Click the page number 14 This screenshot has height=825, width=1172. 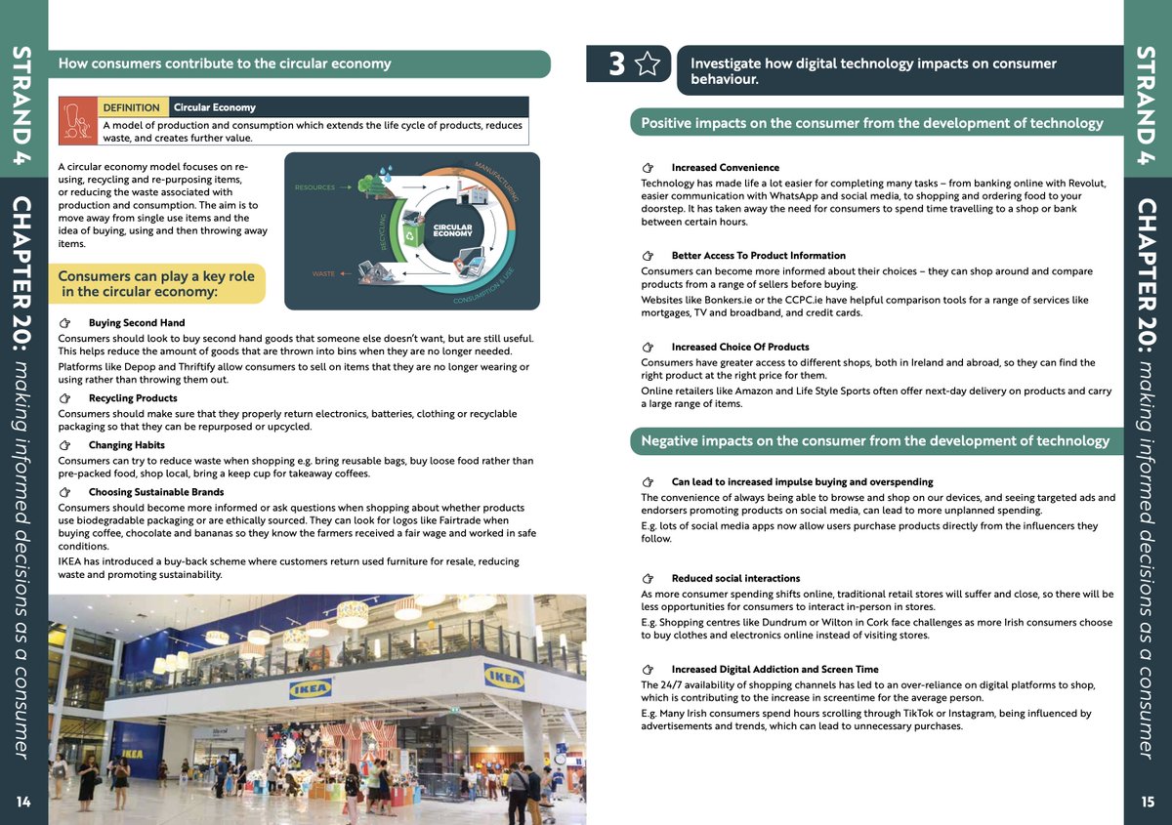tap(23, 802)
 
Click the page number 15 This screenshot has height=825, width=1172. tap(1148, 802)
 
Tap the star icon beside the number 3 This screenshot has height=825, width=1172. tap(647, 64)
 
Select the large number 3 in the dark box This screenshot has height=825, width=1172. tap(616, 64)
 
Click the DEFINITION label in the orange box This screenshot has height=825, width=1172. tap(131, 107)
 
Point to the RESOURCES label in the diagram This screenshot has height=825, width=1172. tap(314, 186)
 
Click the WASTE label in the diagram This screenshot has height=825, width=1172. tap(323, 274)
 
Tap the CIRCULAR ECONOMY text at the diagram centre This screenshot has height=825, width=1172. tap(452, 230)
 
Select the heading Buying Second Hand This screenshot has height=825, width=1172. tap(137, 323)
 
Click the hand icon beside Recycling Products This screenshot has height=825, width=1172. tap(65, 398)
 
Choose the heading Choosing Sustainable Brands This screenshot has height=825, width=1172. tap(156, 492)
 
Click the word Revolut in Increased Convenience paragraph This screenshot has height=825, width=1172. tap(1085, 184)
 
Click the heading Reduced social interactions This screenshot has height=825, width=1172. tap(735, 578)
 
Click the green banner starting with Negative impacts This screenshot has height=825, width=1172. tap(875, 441)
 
